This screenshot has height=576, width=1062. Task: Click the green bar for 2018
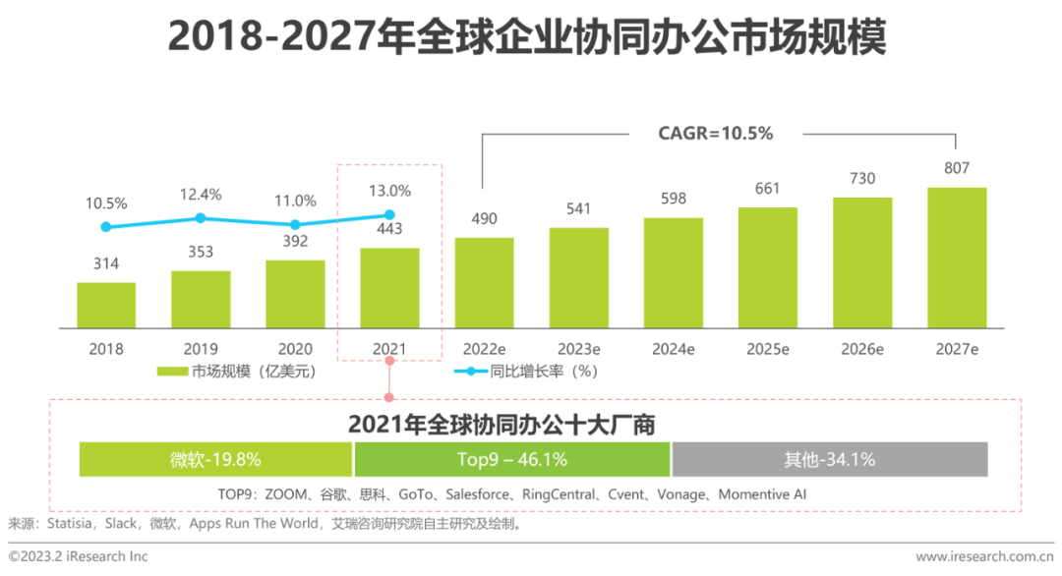[106, 305]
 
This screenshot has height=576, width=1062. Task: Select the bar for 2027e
[957, 258]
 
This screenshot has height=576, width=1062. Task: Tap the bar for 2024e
[674, 272]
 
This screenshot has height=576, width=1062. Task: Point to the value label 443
[389, 230]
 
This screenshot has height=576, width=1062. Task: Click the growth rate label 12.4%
[201, 195]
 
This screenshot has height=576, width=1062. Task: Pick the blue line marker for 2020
[295, 224]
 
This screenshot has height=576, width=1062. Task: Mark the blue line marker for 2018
[106, 227]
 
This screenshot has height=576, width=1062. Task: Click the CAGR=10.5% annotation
[715, 134]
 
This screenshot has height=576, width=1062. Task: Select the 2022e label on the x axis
[484, 349]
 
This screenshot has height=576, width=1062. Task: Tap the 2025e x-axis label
[768, 349]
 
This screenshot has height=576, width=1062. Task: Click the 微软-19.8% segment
[215, 459]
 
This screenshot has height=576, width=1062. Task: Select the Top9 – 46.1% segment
[511, 459]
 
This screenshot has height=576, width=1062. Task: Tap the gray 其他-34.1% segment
[829, 459]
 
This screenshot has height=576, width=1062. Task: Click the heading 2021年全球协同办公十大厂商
[501, 425]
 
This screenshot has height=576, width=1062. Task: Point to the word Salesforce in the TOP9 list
[484, 494]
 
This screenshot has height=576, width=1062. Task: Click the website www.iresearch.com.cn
[983, 557]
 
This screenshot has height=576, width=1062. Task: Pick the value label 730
[862, 179]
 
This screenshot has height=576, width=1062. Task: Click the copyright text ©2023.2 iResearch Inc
[79, 556]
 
